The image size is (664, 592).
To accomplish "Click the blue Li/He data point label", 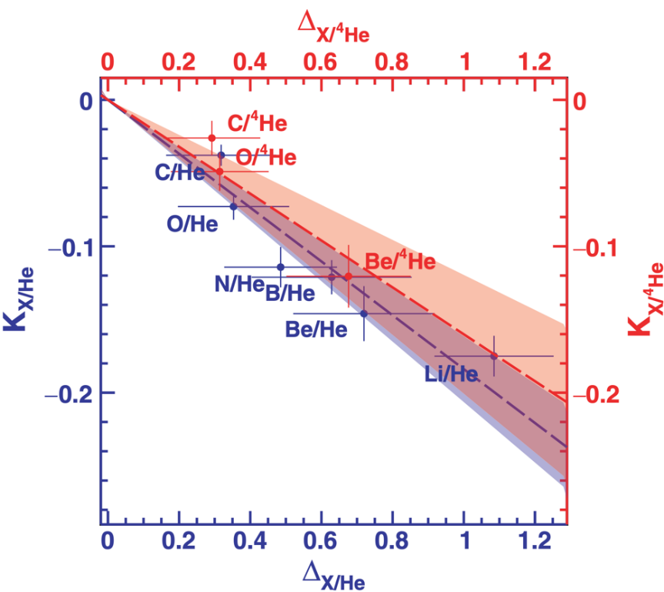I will point(452,374).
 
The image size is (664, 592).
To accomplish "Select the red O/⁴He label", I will point(266,158).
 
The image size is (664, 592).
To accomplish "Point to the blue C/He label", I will point(180,172).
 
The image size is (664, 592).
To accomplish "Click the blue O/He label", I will point(192,223).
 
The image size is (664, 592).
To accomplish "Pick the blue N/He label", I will point(239,285).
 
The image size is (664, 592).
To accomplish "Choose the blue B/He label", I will point(291,293).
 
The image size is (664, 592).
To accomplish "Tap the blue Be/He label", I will point(316,330).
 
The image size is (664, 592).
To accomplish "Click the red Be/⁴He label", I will point(400,262).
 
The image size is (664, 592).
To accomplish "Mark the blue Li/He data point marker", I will point(494,356).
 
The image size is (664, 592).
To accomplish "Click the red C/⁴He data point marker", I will point(212,138).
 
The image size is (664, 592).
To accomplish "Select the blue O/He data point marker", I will point(234,206).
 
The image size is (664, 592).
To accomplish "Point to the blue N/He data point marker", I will point(281,267).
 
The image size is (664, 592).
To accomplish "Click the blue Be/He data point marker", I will point(364,313).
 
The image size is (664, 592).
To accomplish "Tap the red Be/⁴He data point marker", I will point(348,276).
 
